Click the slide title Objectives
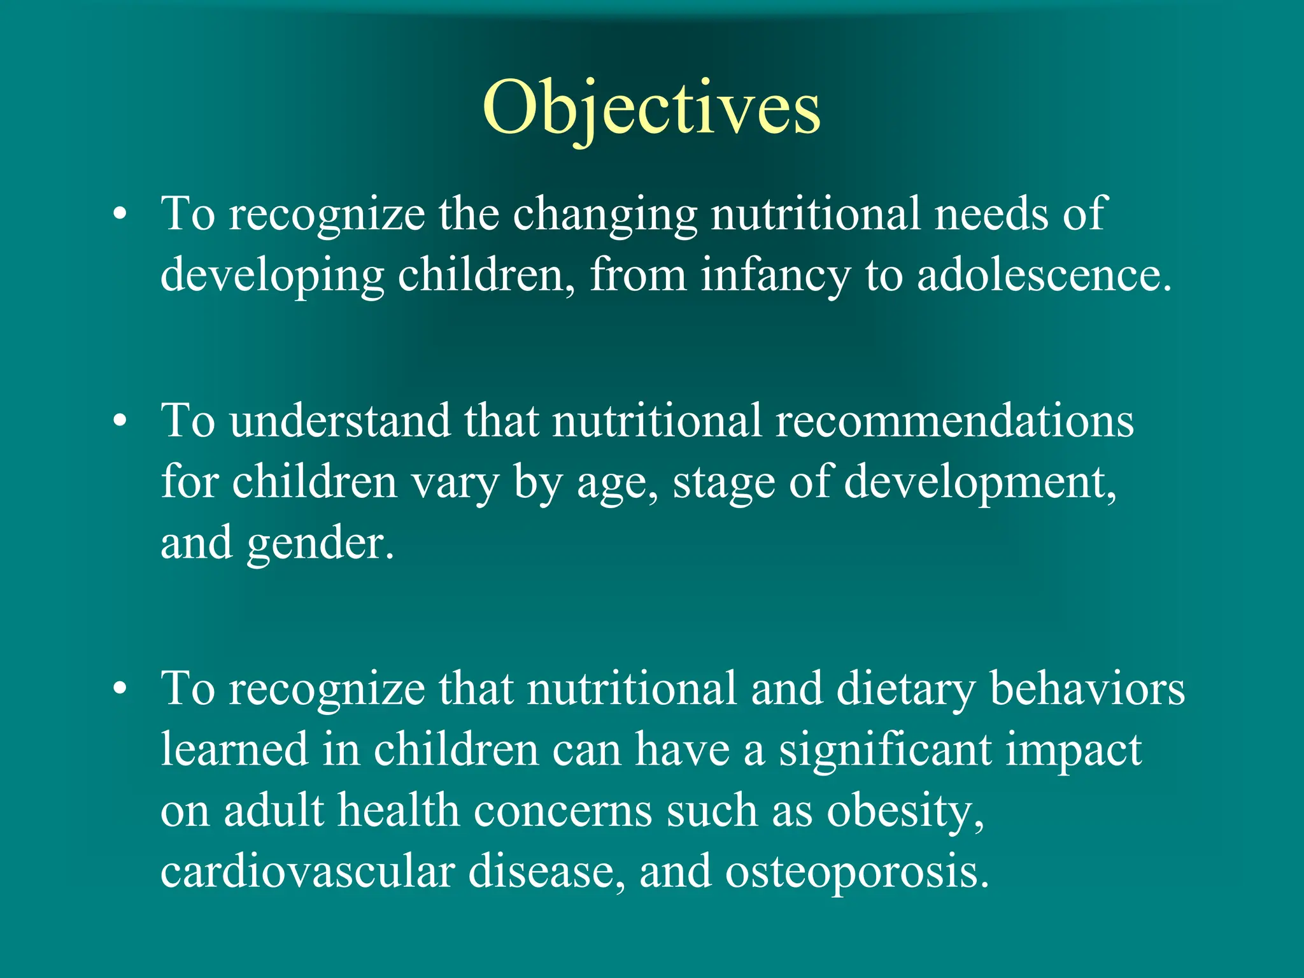651,108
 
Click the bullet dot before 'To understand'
120,422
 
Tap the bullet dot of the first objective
120,215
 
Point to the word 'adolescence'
1042,275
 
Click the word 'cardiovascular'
308,872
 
